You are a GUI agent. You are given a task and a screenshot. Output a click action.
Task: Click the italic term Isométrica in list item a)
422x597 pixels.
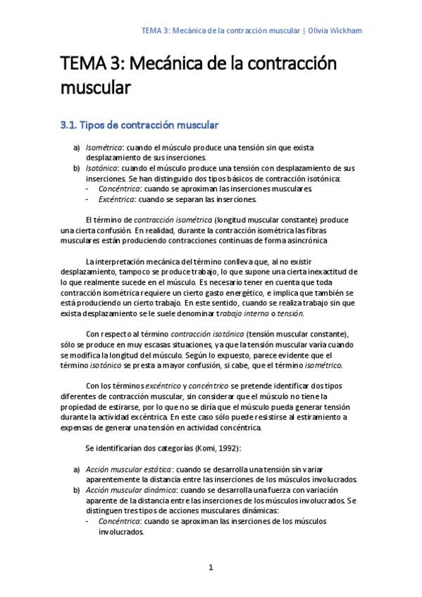pyautogui.click(x=104, y=148)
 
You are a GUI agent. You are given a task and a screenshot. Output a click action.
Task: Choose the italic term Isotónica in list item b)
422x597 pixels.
pyautogui.click(x=103, y=169)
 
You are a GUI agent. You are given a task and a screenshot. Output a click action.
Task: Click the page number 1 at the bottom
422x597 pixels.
pyautogui.click(x=210, y=567)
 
